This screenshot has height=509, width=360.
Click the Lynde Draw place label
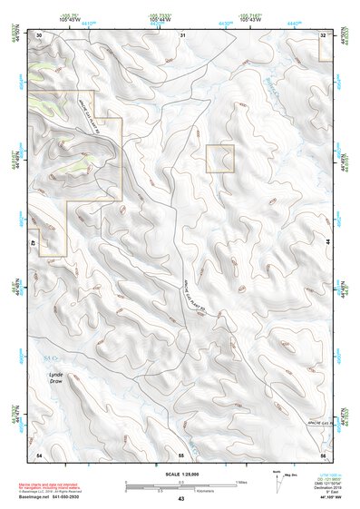click(56, 377)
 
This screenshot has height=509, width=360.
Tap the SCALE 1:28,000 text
click(180, 474)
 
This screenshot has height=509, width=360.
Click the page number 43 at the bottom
click(180, 499)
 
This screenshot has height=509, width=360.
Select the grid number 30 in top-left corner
click(39, 34)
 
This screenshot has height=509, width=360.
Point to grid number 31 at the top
click(182, 34)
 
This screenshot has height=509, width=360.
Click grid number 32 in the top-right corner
click(324, 34)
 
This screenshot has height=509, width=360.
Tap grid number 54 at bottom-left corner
click(39, 453)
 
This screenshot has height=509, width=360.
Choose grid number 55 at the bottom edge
click(181, 453)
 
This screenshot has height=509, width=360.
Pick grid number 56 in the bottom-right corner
click(323, 453)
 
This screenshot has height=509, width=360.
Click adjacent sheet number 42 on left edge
click(32, 243)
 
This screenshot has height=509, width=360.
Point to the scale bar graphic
click(180, 485)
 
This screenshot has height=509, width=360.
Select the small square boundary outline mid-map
click(220, 159)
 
